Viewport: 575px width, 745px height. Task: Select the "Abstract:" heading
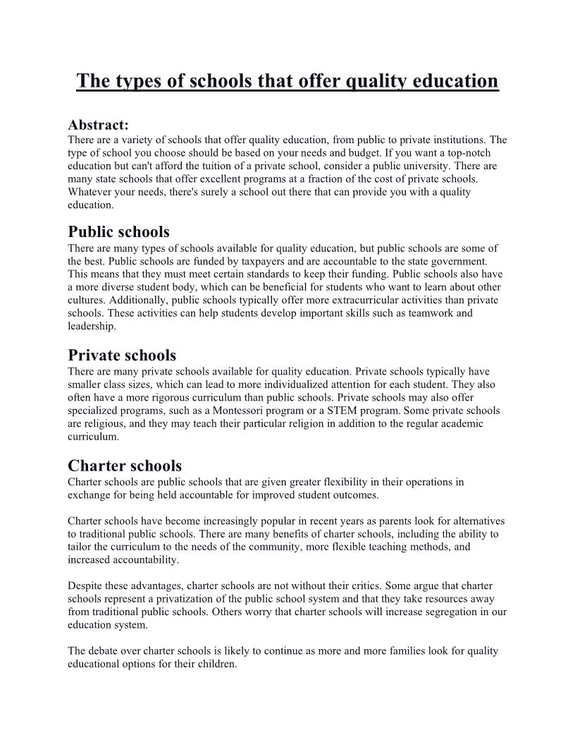[x=98, y=125]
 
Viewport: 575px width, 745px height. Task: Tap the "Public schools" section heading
[x=118, y=231]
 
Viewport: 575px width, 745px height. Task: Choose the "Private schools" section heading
[x=122, y=355]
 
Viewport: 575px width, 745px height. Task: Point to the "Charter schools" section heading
[x=125, y=466]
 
